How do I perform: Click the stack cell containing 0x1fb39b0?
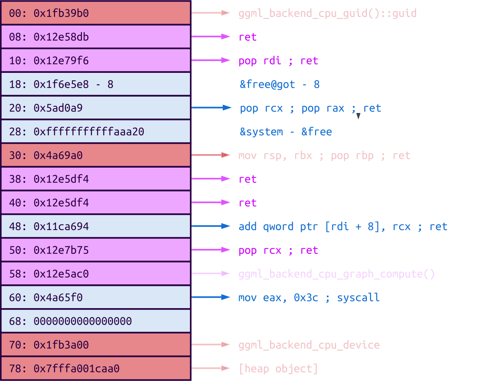coord(96,13)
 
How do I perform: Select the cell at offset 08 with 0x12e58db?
coord(96,37)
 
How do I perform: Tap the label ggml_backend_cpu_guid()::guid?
coord(327,13)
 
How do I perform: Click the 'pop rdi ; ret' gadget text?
coord(278,61)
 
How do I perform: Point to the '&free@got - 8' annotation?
coord(280,84)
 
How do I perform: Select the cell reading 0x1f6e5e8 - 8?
coord(96,84)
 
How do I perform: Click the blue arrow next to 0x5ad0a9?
coord(211,108)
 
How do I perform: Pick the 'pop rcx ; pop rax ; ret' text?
coord(310,108)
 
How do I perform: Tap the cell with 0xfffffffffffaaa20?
coord(96,132)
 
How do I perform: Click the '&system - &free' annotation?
coord(286,132)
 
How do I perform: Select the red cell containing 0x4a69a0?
coord(96,155)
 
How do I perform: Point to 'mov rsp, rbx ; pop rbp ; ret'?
coord(324,155)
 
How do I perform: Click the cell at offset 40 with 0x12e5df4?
coord(96,203)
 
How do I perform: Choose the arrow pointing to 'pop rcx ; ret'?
coord(211,250)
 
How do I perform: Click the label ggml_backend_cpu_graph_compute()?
coord(336,274)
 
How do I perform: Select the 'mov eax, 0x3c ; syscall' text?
coord(309,298)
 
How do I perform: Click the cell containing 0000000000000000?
coord(96,321)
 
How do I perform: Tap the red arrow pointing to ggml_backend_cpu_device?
coord(211,345)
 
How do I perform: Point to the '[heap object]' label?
coord(278,369)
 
